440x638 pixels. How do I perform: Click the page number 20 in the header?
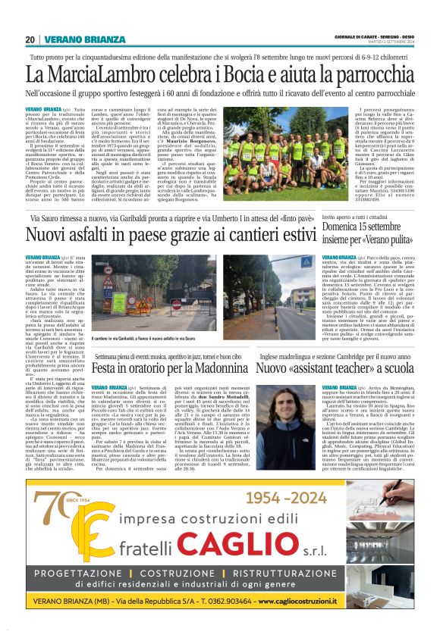[30, 39]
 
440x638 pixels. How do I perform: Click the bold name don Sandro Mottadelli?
[237, 396]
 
